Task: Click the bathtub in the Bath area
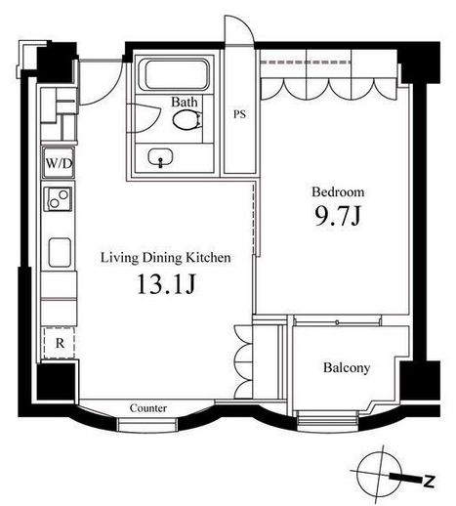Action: pos(174,75)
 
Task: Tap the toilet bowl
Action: pos(187,120)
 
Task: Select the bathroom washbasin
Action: pos(160,157)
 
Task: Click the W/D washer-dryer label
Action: pos(59,163)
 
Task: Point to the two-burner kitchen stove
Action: pos(59,199)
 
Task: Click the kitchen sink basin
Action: pos(60,252)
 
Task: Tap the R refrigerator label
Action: pos(60,343)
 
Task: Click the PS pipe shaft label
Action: pos(239,114)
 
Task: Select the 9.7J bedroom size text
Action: pos(338,216)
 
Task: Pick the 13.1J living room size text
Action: pos(166,284)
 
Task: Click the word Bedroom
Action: pos(338,191)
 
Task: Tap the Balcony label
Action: pos(347,368)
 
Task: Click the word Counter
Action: pos(148,408)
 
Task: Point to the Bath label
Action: pos(185,102)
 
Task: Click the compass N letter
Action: pos(429,482)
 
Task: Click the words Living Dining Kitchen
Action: pos(166,258)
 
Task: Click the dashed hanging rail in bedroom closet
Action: pos(306,62)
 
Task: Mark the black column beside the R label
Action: pos(56,382)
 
